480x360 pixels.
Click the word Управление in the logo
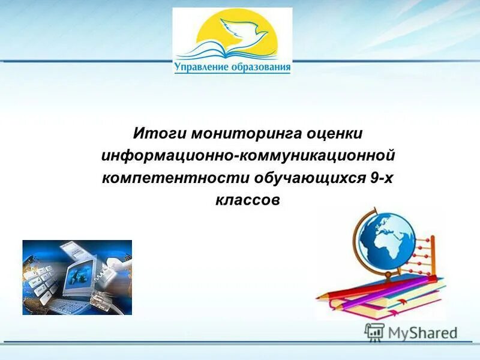pyautogui.click(x=201, y=67)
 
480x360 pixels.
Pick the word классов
pyautogui.click(x=248, y=201)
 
